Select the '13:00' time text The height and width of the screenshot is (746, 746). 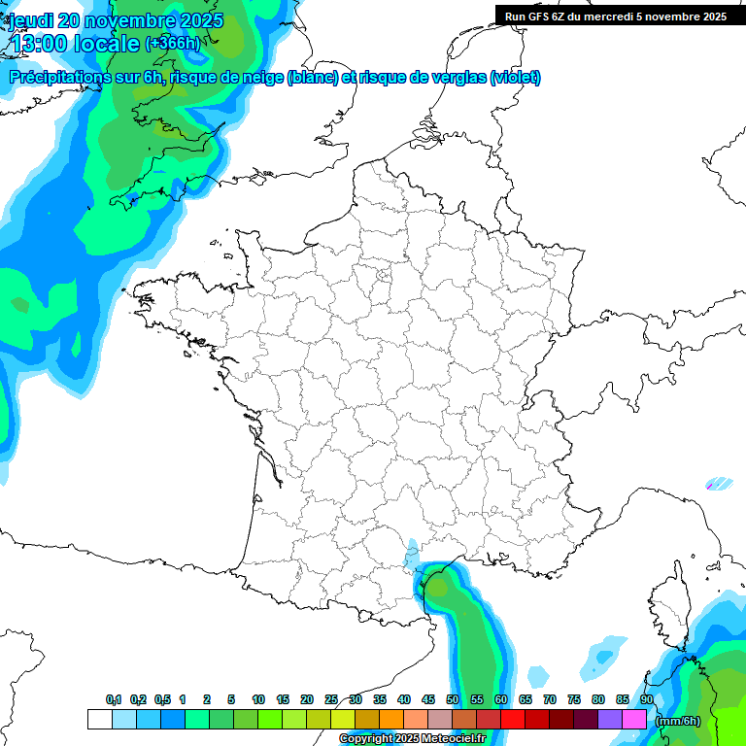click(40, 43)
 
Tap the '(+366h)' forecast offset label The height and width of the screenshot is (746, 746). click(172, 43)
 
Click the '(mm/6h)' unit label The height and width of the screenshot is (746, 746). click(678, 721)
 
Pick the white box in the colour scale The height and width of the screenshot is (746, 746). click(99, 720)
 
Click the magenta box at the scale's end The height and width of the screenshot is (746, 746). click(634, 720)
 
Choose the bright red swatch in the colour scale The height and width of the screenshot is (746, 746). click(513, 720)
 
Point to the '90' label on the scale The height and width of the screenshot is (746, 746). click(646, 700)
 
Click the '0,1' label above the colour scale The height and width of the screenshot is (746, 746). click(114, 700)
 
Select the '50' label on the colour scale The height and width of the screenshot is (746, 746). click(453, 700)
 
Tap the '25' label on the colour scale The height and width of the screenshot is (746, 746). click(331, 700)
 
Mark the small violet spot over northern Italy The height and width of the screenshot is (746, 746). click(721, 482)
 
